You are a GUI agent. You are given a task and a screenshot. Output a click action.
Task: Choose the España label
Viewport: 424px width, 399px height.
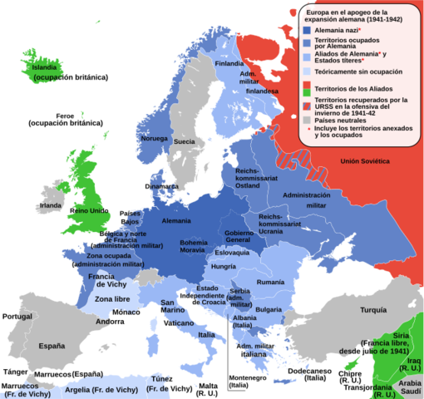pyautogui.click(x=52, y=345)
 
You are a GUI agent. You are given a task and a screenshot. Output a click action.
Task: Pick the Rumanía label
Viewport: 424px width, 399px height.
pyautogui.click(x=271, y=283)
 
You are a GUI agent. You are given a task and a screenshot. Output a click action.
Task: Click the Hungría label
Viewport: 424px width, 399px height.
pyautogui.click(x=224, y=267)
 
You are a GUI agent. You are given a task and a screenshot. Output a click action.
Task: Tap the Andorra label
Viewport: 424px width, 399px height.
pyautogui.click(x=110, y=321)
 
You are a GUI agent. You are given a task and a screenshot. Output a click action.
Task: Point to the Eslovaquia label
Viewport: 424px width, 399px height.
pyautogui.click(x=232, y=252)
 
